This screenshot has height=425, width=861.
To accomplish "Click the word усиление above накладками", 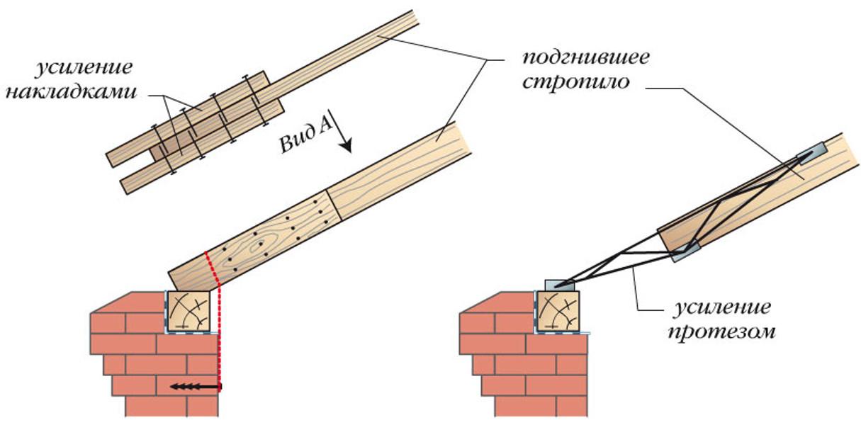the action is (84, 69).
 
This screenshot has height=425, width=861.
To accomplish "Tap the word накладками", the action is (72, 92).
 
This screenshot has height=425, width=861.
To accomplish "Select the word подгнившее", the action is (587, 58).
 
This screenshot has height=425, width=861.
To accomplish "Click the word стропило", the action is (576, 82).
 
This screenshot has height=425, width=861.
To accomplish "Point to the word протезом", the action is (721, 331).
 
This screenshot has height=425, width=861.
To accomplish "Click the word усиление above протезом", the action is (722, 308).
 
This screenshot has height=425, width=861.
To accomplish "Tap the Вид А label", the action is (305, 138).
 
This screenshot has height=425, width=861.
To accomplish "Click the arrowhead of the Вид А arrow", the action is (346, 147).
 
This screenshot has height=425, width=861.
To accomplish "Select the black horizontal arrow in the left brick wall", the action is (195, 386).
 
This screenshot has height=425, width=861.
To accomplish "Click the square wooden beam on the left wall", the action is (188, 311).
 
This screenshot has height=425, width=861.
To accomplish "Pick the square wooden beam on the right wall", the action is (558, 311).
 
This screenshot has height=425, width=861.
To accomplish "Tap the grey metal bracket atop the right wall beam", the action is (561, 285).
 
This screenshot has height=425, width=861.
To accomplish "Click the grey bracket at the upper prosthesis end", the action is (810, 152).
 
